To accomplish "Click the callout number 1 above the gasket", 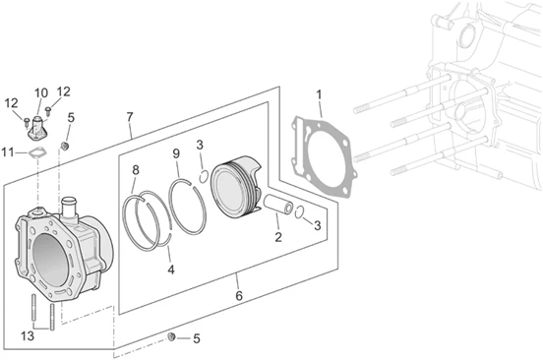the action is click(x=319, y=94).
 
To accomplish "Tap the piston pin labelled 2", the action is click(x=278, y=205).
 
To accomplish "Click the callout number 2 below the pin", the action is click(x=278, y=237).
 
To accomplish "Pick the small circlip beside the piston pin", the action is click(x=300, y=212).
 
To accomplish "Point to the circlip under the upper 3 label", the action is click(x=204, y=176).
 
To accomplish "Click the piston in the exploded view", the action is click(x=237, y=188).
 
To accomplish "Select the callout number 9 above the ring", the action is click(x=176, y=153).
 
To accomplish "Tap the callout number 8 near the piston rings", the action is click(x=136, y=169).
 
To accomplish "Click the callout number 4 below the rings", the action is click(x=171, y=270).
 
